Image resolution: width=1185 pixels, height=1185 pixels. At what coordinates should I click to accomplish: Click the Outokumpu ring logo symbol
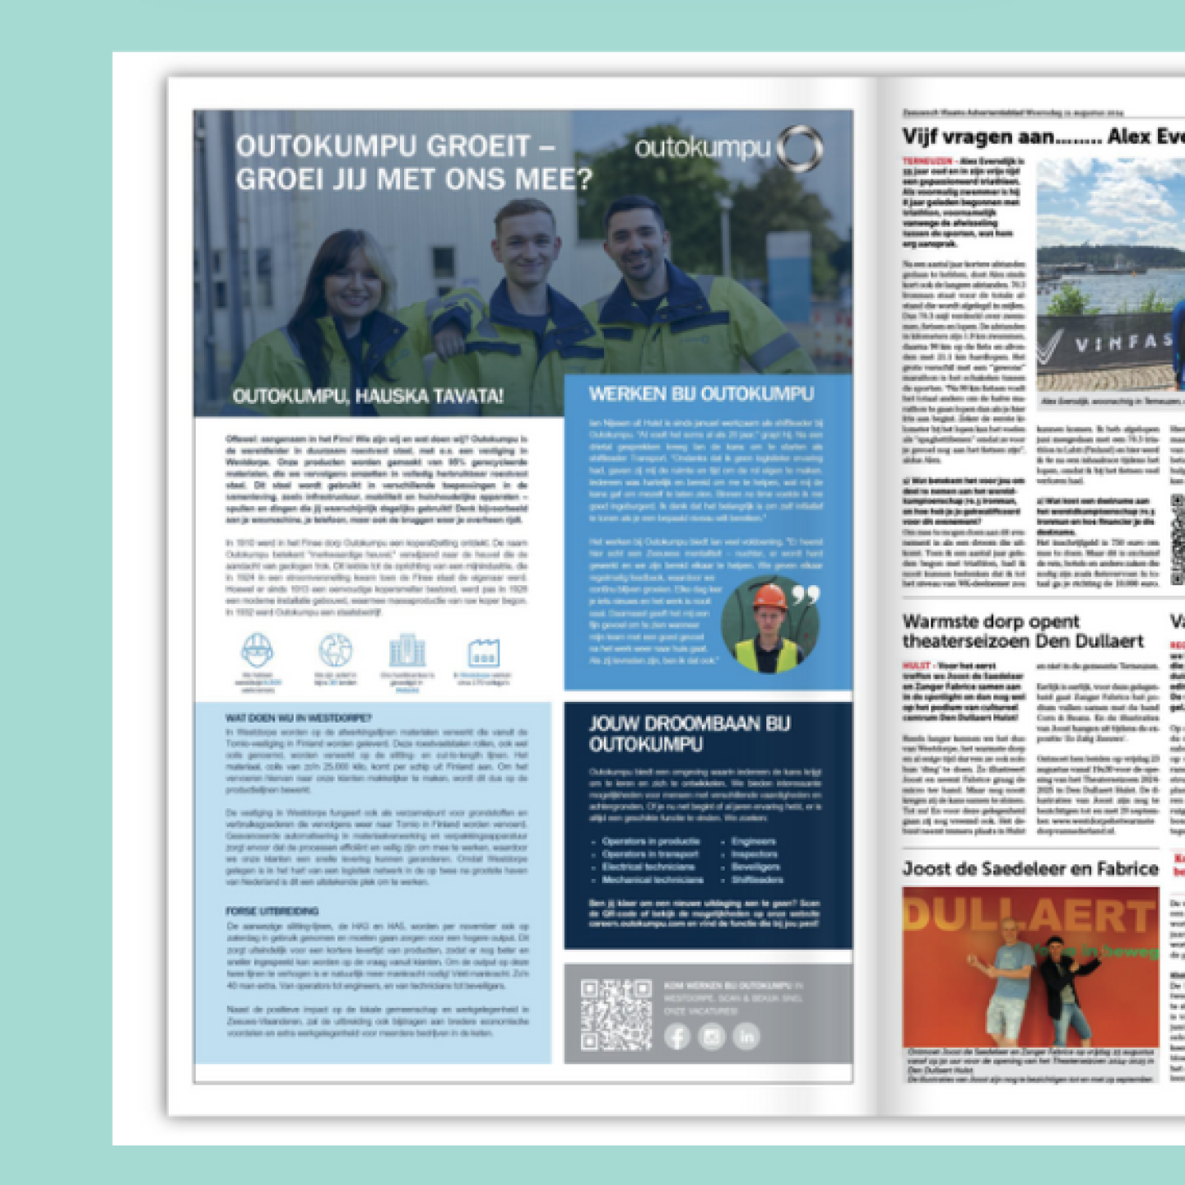(x=800, y=149)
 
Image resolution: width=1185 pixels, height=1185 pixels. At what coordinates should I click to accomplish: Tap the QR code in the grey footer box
(x=616, y=1015)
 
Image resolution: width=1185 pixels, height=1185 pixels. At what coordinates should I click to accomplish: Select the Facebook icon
(x=676, y=1037)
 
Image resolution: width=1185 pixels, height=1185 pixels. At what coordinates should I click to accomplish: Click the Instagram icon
(x=712, y=1037)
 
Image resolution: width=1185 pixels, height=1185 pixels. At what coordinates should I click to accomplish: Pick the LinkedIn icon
(x=746, y=1037)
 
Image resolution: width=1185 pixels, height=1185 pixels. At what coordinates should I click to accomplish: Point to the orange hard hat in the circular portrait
(x=769, y=596)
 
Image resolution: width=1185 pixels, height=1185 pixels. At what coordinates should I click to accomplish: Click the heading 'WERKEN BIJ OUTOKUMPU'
(x=701, y=394)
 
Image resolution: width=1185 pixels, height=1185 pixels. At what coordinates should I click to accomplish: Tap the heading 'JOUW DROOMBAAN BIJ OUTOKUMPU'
(x=690, y=734)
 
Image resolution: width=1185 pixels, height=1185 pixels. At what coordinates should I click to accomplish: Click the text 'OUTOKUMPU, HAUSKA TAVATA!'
(x=367, y=397)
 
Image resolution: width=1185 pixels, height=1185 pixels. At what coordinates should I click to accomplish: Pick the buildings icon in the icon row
(x=407, y=651)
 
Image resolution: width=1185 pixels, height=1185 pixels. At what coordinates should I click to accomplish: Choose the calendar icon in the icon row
(x=483, y=653)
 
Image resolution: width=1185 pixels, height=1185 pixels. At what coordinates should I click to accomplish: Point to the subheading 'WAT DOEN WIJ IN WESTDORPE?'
(x=299, y=718)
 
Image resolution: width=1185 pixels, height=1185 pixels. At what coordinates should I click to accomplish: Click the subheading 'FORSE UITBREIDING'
(x=272, y=911)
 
